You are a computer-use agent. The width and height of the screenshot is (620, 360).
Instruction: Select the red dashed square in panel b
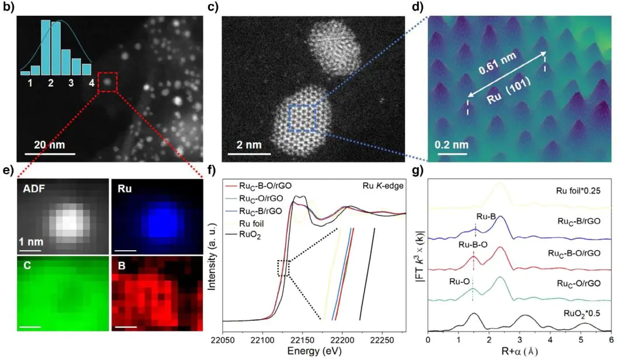pyautogui.click(x=107, y=82)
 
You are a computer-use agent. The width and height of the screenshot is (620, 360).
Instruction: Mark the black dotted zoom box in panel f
pyautogui.click(x=283, y=268)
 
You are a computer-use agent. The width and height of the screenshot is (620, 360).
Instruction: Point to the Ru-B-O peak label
pyautogui.click(x=459, y=246)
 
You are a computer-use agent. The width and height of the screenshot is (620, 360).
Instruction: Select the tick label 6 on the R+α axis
pyautogui.click(x=611, y=338)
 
